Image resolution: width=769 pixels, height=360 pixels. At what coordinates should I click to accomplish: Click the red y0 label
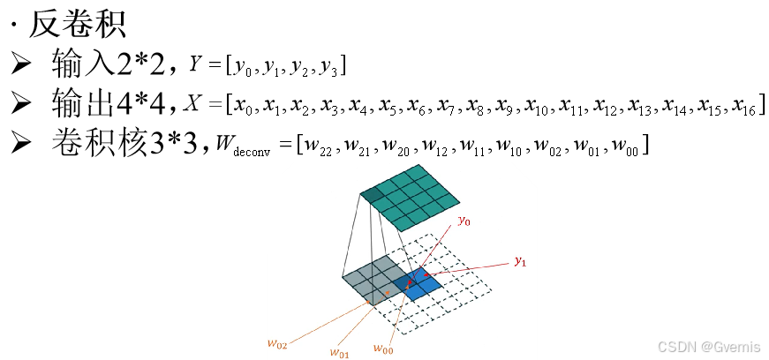pyautogui.click(x=464, y=221)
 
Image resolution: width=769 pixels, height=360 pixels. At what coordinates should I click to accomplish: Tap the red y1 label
pyautogui.click(x=520, y=261)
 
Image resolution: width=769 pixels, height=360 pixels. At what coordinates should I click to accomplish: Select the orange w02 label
pyautogui.click(x=277, y=344)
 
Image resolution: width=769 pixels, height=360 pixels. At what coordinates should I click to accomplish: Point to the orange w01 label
pyautogui.click(x=339, y=353)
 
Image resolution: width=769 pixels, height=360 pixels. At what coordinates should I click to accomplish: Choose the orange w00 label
pyautogui.click(x=382, y=349)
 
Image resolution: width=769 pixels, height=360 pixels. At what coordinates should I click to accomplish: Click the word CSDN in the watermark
pyautogui.click(x=675, y=346)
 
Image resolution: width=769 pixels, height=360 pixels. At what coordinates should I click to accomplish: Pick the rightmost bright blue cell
pyautogui.click(x=430, y=286)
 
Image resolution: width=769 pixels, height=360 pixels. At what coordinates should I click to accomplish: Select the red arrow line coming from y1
pyautogui.click(x=468, y=267)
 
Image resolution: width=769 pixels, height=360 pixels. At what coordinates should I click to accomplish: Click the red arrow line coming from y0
pyautogui.click(x=437, y=248)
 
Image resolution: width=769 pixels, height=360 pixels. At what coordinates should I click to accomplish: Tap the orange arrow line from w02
pyautogui.click(x=327, y=323)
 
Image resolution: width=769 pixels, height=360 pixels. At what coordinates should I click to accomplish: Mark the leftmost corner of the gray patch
pyautogui.click(x=343, y=278)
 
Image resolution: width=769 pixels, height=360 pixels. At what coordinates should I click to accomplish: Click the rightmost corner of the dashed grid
pyautogui.click(x=491, y=289)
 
